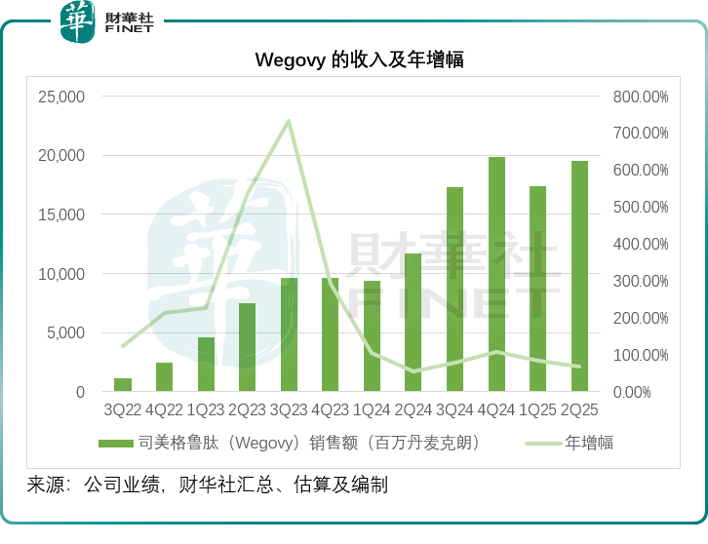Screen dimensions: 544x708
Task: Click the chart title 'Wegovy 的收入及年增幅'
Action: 359,60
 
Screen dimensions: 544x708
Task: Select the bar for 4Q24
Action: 496,274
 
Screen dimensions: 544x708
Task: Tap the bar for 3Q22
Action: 123,385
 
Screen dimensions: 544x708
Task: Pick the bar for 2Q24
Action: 413,323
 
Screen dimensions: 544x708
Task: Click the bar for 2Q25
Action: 579,276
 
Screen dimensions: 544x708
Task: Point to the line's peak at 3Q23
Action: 289,121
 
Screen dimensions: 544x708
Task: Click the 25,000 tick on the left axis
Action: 61,97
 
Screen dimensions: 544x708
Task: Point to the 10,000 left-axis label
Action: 61,274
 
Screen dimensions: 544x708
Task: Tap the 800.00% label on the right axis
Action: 641,97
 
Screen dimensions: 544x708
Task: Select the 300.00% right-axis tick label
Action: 641,281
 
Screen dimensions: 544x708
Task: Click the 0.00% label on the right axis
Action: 646,392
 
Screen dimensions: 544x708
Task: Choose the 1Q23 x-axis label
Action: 206,411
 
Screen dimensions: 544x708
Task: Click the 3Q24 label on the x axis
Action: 454,411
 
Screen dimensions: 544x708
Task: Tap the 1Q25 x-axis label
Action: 537,411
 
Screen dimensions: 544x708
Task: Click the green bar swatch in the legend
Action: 116,444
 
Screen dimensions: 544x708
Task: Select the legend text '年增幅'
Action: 590,444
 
